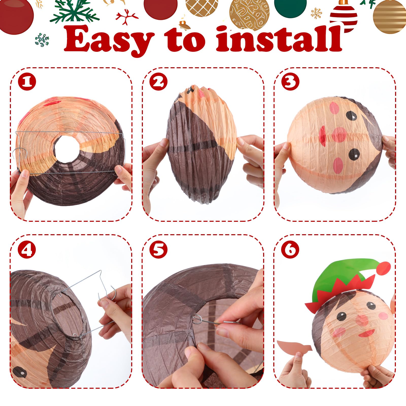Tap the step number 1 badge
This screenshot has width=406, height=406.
(27, 82)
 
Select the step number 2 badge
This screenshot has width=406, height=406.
(159, 82)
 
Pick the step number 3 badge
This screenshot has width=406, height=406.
(290, 82)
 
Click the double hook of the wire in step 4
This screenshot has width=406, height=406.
(107, 296)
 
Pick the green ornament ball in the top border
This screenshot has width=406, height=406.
(290, 8)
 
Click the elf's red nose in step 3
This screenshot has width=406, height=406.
(339, 134)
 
